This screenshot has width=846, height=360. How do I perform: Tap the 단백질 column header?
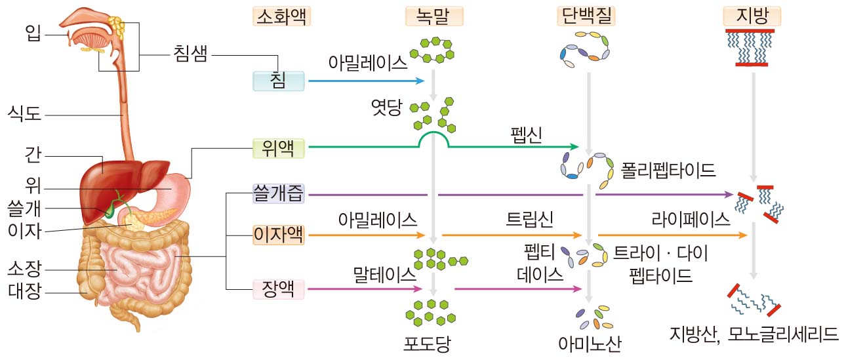587,15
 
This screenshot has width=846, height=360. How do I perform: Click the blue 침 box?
278,81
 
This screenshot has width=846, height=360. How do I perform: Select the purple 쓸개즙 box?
279,194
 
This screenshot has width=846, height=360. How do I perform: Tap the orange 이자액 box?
279,234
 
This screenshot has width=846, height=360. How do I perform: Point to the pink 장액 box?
279,289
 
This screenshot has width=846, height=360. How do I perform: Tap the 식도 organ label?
24,115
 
